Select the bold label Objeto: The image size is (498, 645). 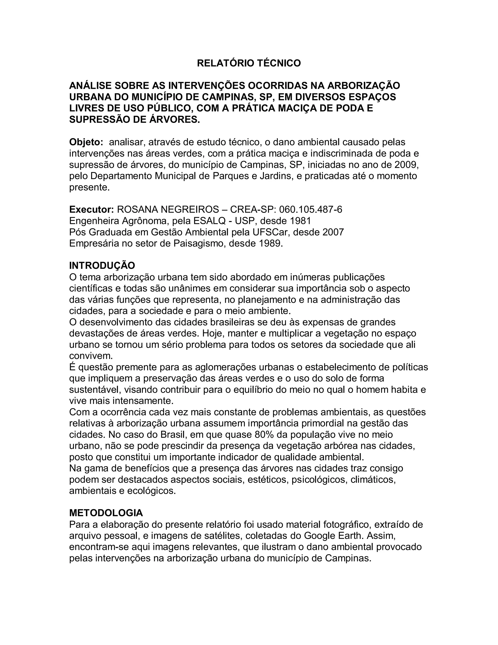[x=86, y=142]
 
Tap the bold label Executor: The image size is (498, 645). [x=91, y=210]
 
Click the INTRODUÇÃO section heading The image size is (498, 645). [x=102, y=266]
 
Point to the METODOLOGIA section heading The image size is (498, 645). [x=106, y=513]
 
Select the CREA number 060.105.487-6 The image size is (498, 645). [x=311, y=210]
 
